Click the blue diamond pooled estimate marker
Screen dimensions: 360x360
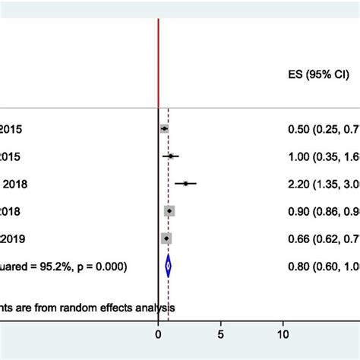pos(168,266)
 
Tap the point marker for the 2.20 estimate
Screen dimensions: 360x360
pos(185,183)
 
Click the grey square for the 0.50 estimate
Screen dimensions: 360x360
pos(164,129)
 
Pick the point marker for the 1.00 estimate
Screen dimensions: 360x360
pos(171,156)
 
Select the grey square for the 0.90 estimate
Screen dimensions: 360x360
pos(169,211)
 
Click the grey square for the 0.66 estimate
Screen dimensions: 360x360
pos(166,238)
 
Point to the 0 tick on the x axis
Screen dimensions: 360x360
pos(158,333)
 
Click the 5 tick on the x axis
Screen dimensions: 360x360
pos(220,333)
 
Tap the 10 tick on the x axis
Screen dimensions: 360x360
pos(283,333)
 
